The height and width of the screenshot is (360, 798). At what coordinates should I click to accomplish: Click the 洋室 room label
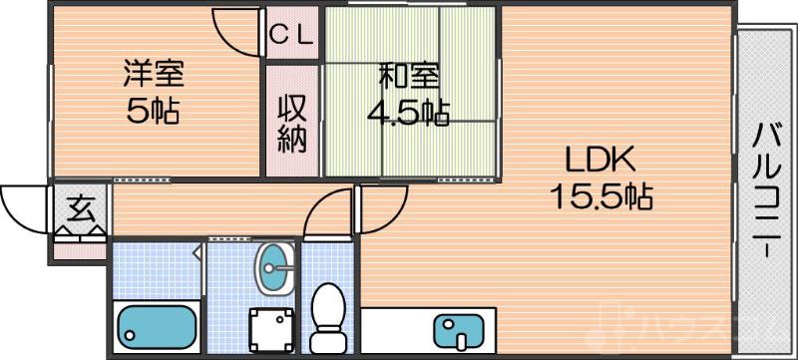click(153, 75)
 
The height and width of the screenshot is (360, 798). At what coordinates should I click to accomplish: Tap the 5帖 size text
click(153, 111)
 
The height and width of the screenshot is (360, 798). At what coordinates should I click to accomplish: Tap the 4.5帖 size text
click(407, 113)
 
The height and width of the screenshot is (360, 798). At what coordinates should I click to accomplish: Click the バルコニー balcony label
click(763, 189)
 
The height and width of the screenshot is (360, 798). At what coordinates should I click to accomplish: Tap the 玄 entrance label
click(81, 209)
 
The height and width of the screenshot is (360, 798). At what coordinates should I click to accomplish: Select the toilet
click(326, 311)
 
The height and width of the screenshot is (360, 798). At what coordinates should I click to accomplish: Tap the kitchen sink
click(461, 329)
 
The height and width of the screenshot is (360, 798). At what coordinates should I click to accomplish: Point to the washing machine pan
click(271, 325)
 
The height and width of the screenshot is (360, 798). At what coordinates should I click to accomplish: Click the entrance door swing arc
click(22, 204)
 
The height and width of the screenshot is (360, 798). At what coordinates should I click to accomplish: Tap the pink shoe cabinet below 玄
click(79, 245)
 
